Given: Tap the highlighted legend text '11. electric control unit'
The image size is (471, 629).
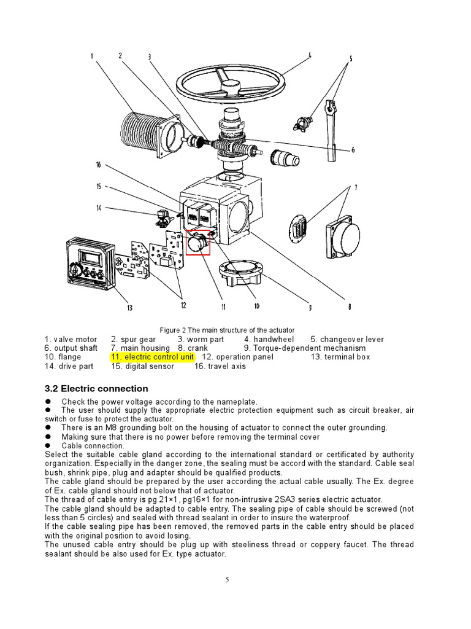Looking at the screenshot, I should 152,357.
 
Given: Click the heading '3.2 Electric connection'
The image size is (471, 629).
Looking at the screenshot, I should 96,389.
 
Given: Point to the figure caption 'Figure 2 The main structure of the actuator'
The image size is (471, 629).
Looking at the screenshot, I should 227,330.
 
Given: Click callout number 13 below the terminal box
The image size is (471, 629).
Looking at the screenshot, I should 129,308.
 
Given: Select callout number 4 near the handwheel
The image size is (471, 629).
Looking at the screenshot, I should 310,55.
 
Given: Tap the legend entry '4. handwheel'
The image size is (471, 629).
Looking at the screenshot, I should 269,339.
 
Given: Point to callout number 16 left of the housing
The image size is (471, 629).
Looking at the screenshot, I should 98,164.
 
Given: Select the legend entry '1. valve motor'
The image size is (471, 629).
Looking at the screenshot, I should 71,339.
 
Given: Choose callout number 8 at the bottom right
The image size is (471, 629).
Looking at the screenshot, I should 349,308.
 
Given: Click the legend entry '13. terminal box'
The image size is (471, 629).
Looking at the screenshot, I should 340,357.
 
